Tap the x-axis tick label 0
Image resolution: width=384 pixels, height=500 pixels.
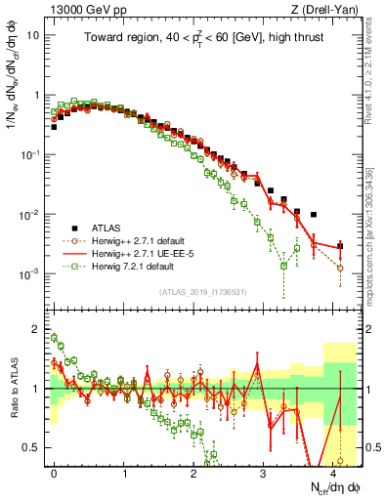coord(55,473)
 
